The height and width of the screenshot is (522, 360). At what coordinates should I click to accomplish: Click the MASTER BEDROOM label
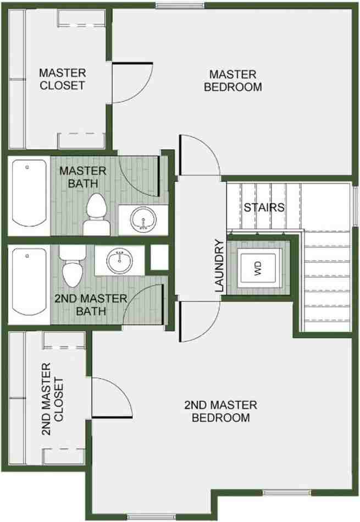[233, 80]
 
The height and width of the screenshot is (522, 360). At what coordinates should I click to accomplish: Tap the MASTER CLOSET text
[63, 79]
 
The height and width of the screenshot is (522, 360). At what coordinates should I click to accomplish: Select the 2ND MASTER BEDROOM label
[220, 411]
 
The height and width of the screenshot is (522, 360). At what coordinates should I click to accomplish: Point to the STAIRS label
[264, 207]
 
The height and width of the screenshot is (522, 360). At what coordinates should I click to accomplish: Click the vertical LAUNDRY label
[220, 266]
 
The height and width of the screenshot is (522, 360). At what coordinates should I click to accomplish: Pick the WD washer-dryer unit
[258, 268]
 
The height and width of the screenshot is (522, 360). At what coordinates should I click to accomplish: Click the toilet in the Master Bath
[97, 215]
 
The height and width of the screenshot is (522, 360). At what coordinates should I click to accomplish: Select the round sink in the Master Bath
[143, 219]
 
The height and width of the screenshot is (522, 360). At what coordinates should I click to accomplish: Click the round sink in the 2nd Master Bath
[120, 260]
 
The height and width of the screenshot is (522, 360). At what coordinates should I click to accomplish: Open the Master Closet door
[132, 83]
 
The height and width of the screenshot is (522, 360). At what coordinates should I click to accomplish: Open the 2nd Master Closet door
[112, 398]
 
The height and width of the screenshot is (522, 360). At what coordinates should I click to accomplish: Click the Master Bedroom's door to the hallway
[199, 155]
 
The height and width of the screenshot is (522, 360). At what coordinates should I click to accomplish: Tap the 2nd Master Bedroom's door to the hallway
[199, 321]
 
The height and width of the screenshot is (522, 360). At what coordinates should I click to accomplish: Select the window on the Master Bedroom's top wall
[180, 5]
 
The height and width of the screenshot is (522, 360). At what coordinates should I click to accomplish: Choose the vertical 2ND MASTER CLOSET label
[52, 399]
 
